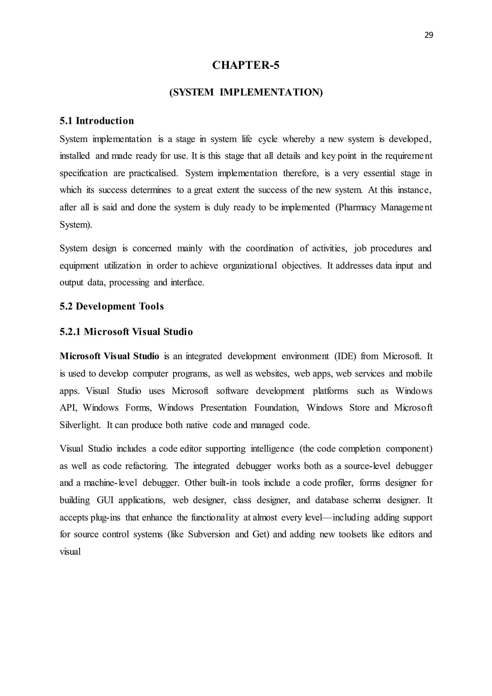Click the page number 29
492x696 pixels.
pyautogui.click(x=429, y=35)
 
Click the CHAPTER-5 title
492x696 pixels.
pyautogui.click(x=246, y=65)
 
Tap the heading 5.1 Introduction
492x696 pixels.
pyautogui.click(x=97, y=121)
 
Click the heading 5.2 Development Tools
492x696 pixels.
pyautogui.click(x=111, y=306)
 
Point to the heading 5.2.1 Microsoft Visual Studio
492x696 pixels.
pyautogui.click(x=126, y=332)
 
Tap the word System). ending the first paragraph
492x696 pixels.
pyautogui.click(x=76, y=225)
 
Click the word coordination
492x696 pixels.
pyautogui.click(x=269, y=248)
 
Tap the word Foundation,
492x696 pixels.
pyautogui.click(x=276, y=408)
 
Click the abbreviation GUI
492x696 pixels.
pyautogui.click(x=105, y=500)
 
